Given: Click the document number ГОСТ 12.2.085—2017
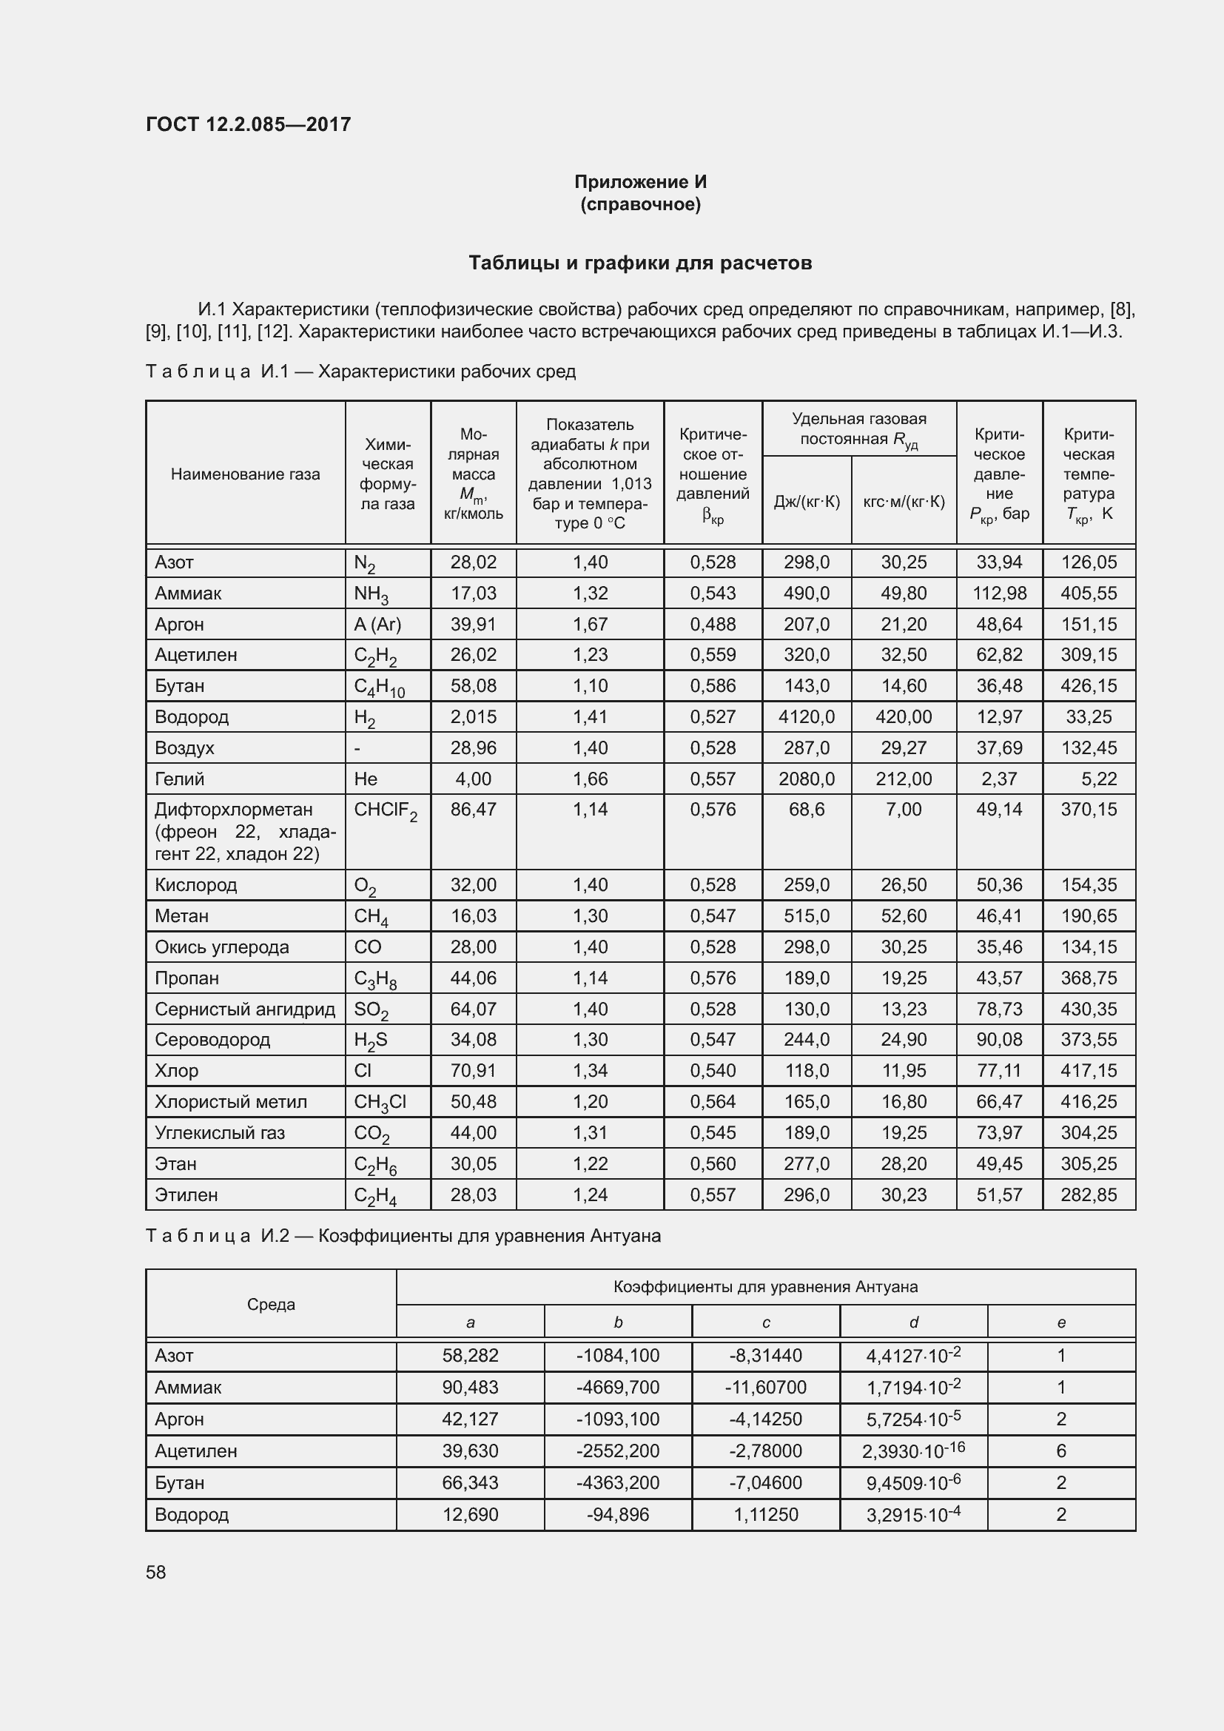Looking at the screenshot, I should (x=248, y=124).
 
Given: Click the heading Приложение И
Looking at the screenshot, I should (x=640, y=182).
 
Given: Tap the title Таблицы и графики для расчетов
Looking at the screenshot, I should (x=640, y=263).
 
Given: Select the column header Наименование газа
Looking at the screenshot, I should (x=245, y=474).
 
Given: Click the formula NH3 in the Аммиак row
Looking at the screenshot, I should (x=371, y=594).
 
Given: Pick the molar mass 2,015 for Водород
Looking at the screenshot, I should (x=474, y=717).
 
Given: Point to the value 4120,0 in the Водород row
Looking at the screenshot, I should (x=806, y=717).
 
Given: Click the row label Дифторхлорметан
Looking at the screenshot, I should (x=233, y=810).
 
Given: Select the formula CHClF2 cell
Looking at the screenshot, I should (x=385, y=810).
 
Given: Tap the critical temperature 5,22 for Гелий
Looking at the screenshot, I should (x=1098, y=779).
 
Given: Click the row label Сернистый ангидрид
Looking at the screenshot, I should (x=244, y=1009).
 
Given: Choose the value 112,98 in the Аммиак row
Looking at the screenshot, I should (x=998, y=594).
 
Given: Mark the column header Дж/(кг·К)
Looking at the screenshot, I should (x=806, y=501).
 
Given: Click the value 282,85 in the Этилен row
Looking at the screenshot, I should (x=1089, y=1194).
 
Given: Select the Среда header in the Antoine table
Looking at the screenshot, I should (x=271, y=1304).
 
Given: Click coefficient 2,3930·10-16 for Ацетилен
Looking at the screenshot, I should (x=912, y=1451).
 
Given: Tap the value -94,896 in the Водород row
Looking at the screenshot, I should (x=617, y=1515).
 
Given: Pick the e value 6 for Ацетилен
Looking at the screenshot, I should (x=1060, y=1451).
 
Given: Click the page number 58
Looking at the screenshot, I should (x=156, y=1572).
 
